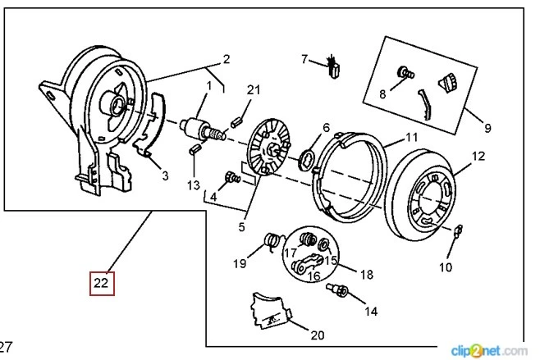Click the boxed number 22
[x=101, y=283]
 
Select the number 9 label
[x=487, y=128]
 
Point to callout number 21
[x=253, y=89]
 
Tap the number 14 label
[x=372, y=312]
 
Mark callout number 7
[x=304, y=59]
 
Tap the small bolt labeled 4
[x=231, y=177]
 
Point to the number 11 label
[x=412, y=138]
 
